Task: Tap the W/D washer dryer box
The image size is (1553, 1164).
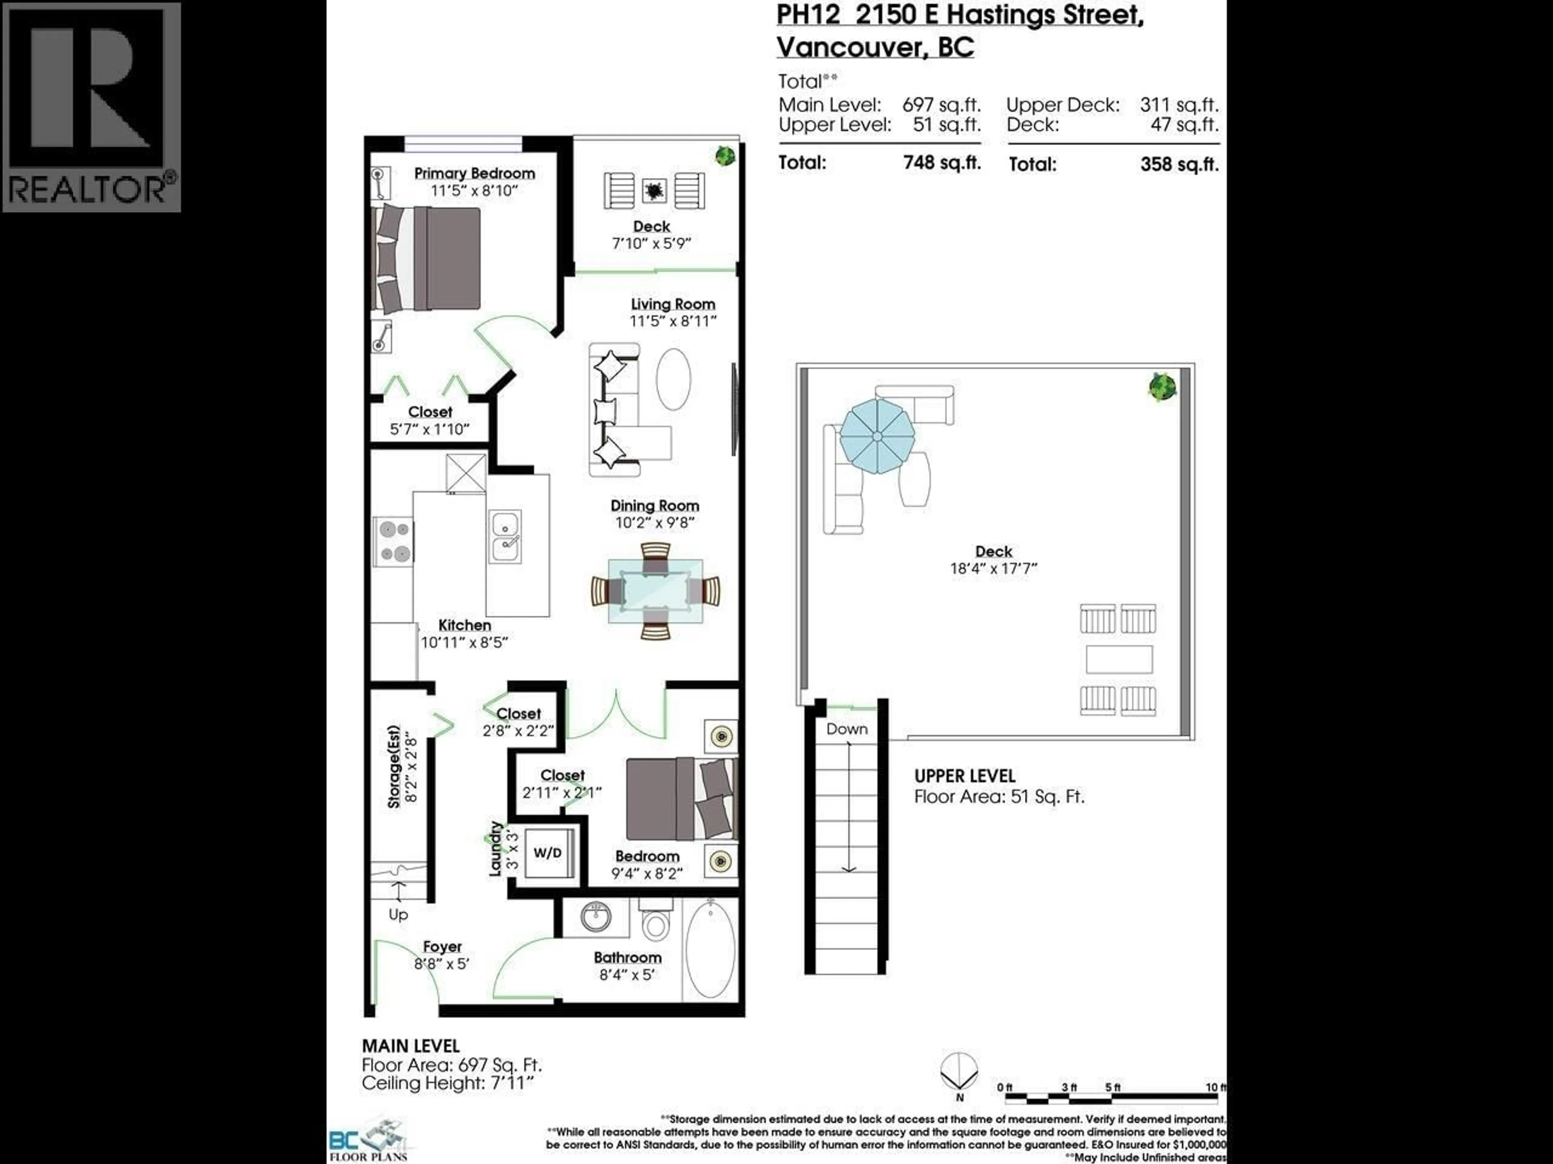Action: (548, 852)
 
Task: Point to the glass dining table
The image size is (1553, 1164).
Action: (655, 591)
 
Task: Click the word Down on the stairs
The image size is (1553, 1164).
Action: (847, 729)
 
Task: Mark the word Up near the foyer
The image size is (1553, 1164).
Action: (398, 914)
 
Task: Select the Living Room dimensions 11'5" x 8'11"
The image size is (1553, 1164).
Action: (673, 321)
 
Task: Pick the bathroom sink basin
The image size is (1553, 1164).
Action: (596, 915)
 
